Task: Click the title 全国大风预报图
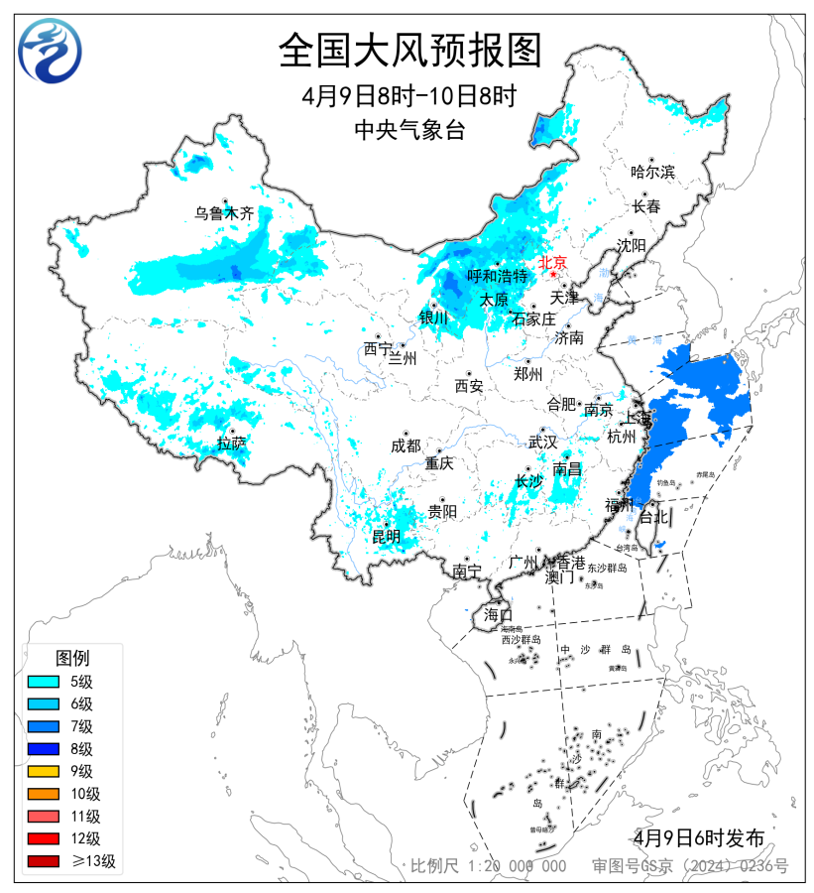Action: click(x=409, y=51)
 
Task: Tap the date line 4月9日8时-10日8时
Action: click(x=409, y=97)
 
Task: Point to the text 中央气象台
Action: click(x=409, y=129)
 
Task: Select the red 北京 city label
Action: click(x=551, y=263)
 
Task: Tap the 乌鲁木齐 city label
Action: click(x=224, y=213)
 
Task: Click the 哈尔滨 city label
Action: click(x=652, y=172)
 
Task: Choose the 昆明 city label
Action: click(x=386, y=537)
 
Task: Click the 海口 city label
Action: click(x=498, y=615)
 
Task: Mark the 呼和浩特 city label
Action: click(x=497, y=277)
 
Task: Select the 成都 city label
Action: click(x=406, y=446)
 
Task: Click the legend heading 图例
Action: click(x=72, y=658)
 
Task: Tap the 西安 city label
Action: click(x=468, y=386)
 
